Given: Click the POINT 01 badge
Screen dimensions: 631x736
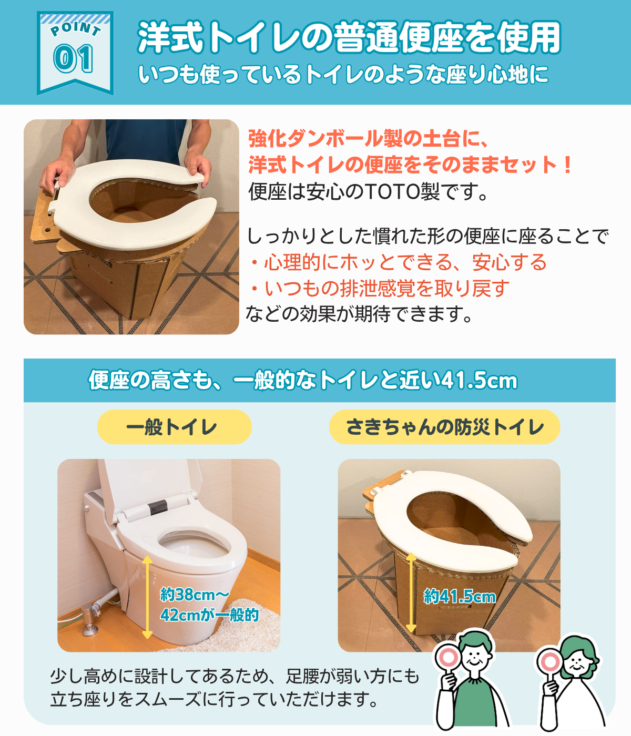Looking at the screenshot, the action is [75, 53].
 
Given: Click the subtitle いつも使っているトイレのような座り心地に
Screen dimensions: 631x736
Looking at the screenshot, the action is [343, 75].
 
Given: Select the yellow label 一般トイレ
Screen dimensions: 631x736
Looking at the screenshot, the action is [175, 426].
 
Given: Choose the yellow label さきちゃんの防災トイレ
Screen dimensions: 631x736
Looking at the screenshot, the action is [444, 426].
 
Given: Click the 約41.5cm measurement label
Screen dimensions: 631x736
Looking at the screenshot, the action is [460, 596].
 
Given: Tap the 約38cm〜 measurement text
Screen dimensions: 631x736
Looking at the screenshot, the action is [195, 594].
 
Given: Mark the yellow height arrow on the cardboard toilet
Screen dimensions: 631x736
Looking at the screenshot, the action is [411, 592].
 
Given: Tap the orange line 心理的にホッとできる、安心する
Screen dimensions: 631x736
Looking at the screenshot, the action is [398, 262].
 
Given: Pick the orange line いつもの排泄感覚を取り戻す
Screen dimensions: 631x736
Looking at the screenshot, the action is [380, 288].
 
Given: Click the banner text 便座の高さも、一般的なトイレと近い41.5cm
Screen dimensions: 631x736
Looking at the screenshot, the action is [303, 380].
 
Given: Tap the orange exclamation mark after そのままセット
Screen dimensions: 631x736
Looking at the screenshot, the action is [568, 165].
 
